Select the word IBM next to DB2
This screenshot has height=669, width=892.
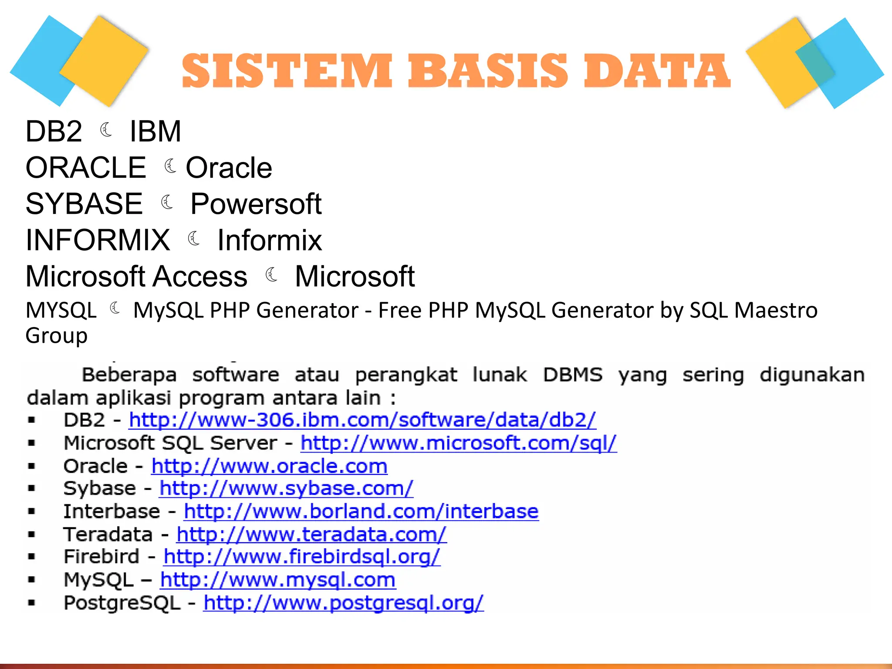click(x=155, y=131)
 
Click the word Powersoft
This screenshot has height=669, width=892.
click(x=256, y=204)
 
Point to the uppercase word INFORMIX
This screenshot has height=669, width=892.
click(x=98, y=240)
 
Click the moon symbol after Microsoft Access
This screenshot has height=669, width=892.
click(x=272, y=275)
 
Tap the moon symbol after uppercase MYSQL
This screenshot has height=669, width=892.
click(x=115, y=308)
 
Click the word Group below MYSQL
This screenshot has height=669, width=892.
click(x=57, y=335)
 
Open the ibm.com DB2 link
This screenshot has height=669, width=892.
click(x=362, y=420)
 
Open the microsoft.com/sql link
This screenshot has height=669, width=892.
click(x=459, y=443)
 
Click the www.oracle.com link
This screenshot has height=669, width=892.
click(x=269, y=466)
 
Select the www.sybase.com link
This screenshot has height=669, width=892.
click(x=286, y=488)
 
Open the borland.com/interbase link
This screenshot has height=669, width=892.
click(x=361, y=511)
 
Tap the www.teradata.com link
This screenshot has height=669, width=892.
click(x=311, y=534)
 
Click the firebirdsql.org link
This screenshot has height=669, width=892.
click(x=302, y=557)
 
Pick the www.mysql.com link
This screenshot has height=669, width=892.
click(x=278, y=580)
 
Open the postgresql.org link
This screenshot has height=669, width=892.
click(x=343, y=603)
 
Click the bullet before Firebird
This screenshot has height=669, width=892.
click(x=31, y=557)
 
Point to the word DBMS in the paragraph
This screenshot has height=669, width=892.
click(x=573, y=375)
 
